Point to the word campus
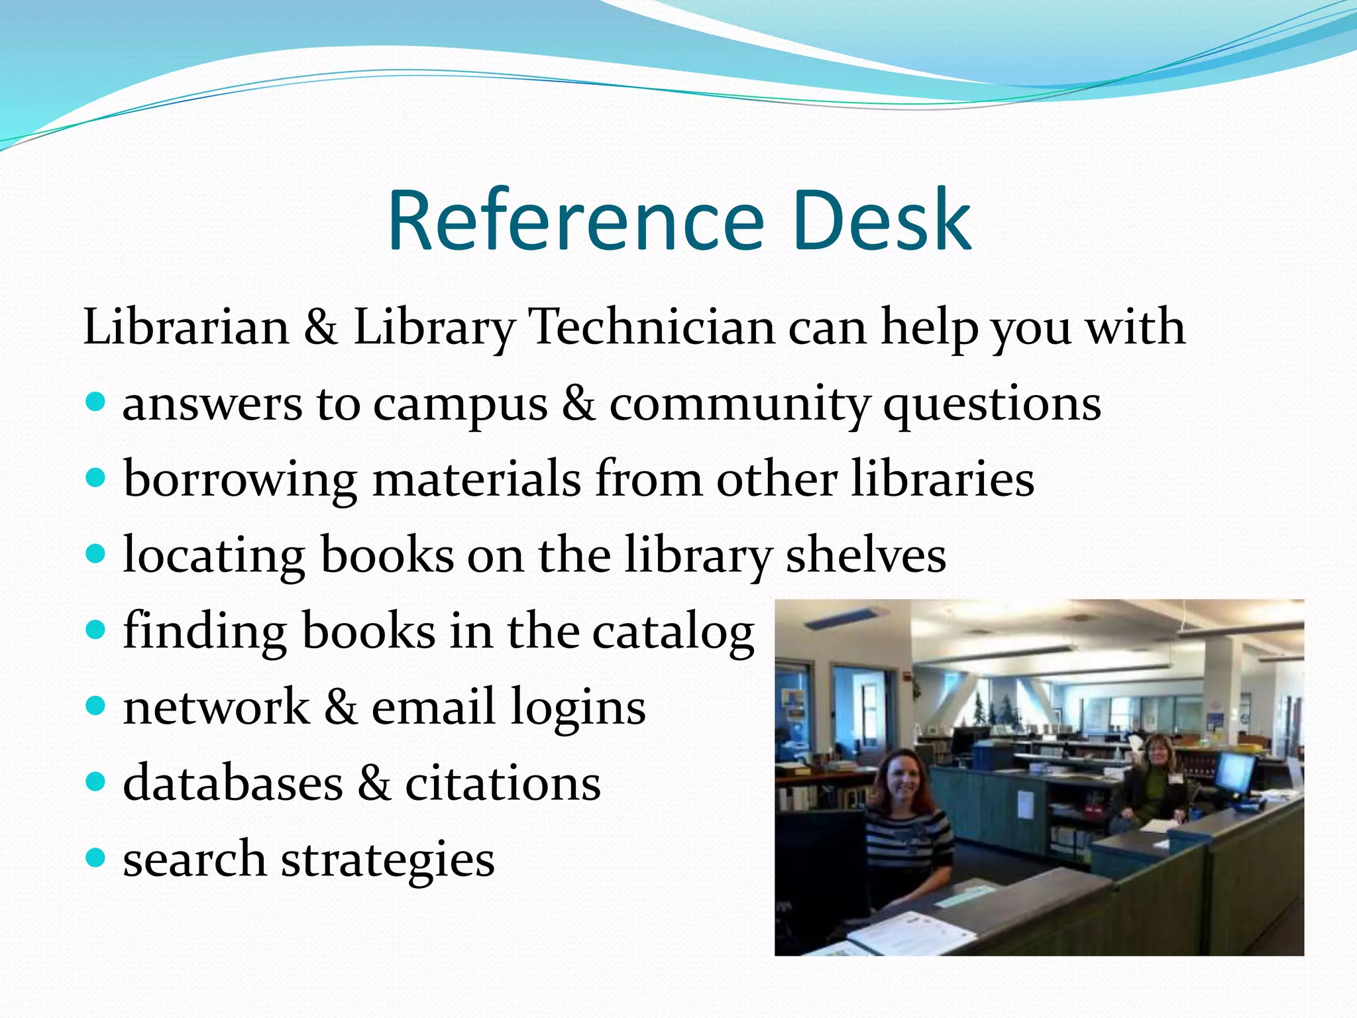(460, 405)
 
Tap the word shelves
(865, 555)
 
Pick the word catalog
(673, 632)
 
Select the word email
(433, 707)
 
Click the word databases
(233, 783)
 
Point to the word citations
(502, 783)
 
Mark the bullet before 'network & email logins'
(96, 705)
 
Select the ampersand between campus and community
(578, 404)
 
